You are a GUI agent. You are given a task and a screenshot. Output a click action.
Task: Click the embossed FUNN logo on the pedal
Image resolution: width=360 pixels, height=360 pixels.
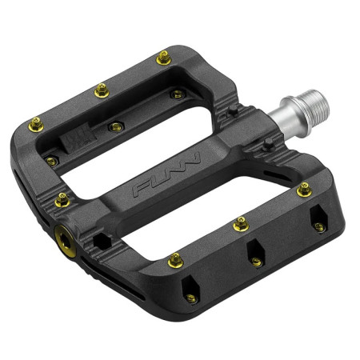point(166,174)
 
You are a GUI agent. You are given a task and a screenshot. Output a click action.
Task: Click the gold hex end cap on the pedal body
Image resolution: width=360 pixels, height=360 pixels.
point(66,241)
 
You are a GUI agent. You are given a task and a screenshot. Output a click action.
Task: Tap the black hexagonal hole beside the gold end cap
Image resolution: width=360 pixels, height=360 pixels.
point(102,242)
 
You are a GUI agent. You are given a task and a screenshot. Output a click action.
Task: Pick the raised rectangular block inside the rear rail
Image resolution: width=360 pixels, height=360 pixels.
point(78,139)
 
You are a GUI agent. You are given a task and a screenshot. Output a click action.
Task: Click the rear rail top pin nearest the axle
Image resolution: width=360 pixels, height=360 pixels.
point(163,58)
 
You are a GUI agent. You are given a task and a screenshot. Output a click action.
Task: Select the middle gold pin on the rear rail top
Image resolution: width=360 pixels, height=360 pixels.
point(102,90)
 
